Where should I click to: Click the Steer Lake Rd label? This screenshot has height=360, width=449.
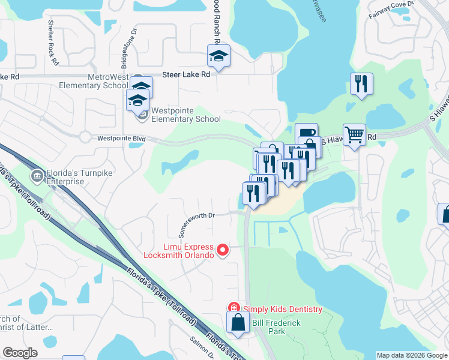187,75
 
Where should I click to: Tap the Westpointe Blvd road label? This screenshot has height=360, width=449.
122,139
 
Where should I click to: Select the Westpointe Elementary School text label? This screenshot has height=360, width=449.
186,115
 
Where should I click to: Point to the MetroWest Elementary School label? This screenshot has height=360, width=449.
108,81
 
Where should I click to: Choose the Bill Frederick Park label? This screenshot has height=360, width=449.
277,327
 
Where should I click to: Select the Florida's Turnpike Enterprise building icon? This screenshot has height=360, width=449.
37,175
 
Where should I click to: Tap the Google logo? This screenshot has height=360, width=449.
20,353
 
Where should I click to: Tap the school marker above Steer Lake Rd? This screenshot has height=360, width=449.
218,56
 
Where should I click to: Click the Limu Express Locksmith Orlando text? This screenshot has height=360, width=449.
178,251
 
